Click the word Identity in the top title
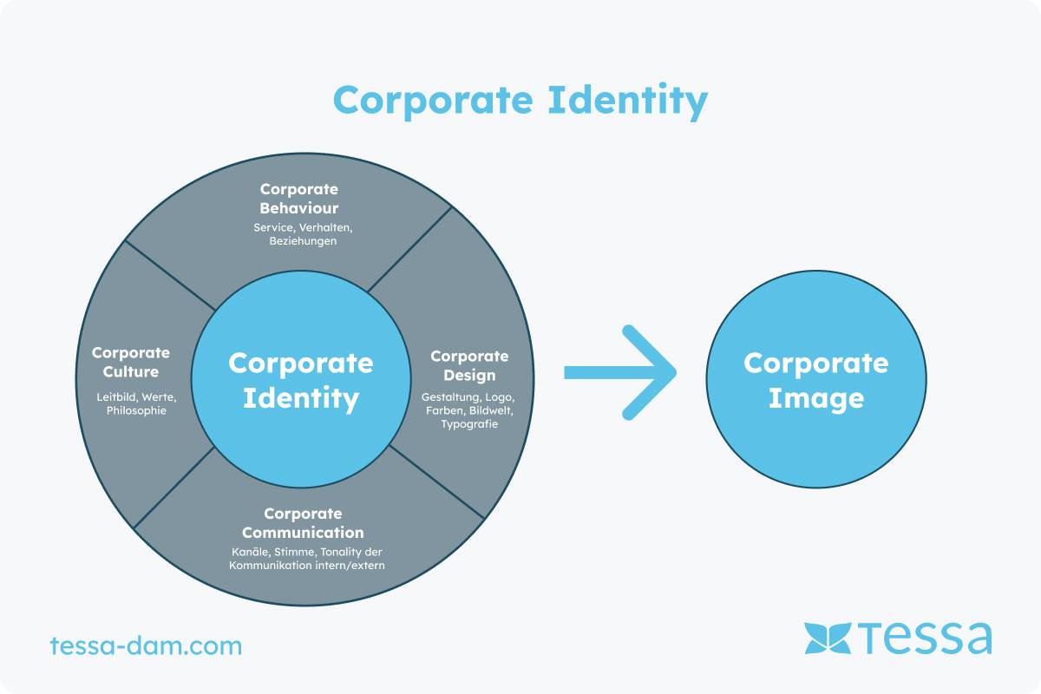pyautogui.click(x=628, y=101)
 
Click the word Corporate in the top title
pyautogui.click(x=433, y=101)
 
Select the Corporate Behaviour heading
pyautogui.click(x=298, y=199)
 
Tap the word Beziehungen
pyautogui.click(x=303, y=241)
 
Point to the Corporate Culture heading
pyautogui.click(x=131, y=362)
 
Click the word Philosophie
pyautogui.click(x=136, y=410)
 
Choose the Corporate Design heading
pyautogui.click(x=469, y=366)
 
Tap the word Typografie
pyautogui.click(x=469, y=424)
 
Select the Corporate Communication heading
pyautogui.click(x=303, y=523)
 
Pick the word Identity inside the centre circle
pyautogui.click(x=301, y=398)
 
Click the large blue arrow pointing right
pyautogui.click(x=620, y=372)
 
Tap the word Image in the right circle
pyautogui.click(x=816, y=399)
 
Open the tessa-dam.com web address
pyautogui.click(x=146, y=645)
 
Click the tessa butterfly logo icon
pyautogui.click(x=828, y=638)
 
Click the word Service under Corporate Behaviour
pyautogui.click(x=274, y=228)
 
